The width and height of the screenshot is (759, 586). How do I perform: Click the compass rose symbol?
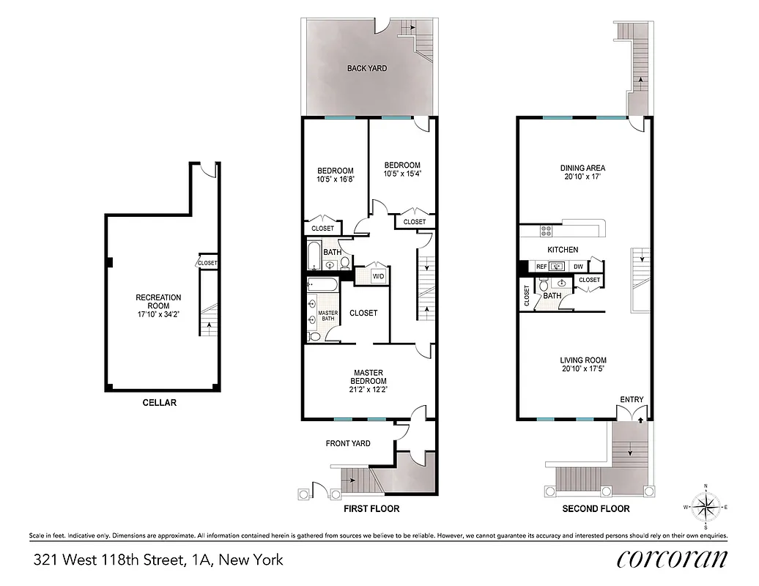[706, 505]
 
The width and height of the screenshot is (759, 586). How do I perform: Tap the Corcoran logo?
[672, 559]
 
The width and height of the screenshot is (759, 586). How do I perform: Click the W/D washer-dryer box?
[379, 276]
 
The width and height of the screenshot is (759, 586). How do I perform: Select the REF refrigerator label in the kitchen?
[541, 267]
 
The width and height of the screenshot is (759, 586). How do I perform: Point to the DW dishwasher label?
[578, 267]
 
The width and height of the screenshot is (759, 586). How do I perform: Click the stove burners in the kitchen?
[546, 231]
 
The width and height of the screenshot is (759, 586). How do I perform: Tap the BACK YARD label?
[367, 68]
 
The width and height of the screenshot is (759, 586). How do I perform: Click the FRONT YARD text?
[348, 443]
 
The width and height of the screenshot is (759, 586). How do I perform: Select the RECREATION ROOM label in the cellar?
[158, 302]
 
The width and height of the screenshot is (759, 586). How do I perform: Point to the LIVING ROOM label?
[583, 360]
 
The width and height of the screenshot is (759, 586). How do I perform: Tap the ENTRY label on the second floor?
[632, 399]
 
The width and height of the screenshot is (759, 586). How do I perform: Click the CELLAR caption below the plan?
[159, 402]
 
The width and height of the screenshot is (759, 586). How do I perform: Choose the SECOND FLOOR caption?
[596, 508]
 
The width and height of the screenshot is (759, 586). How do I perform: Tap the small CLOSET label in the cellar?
[207, 263]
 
